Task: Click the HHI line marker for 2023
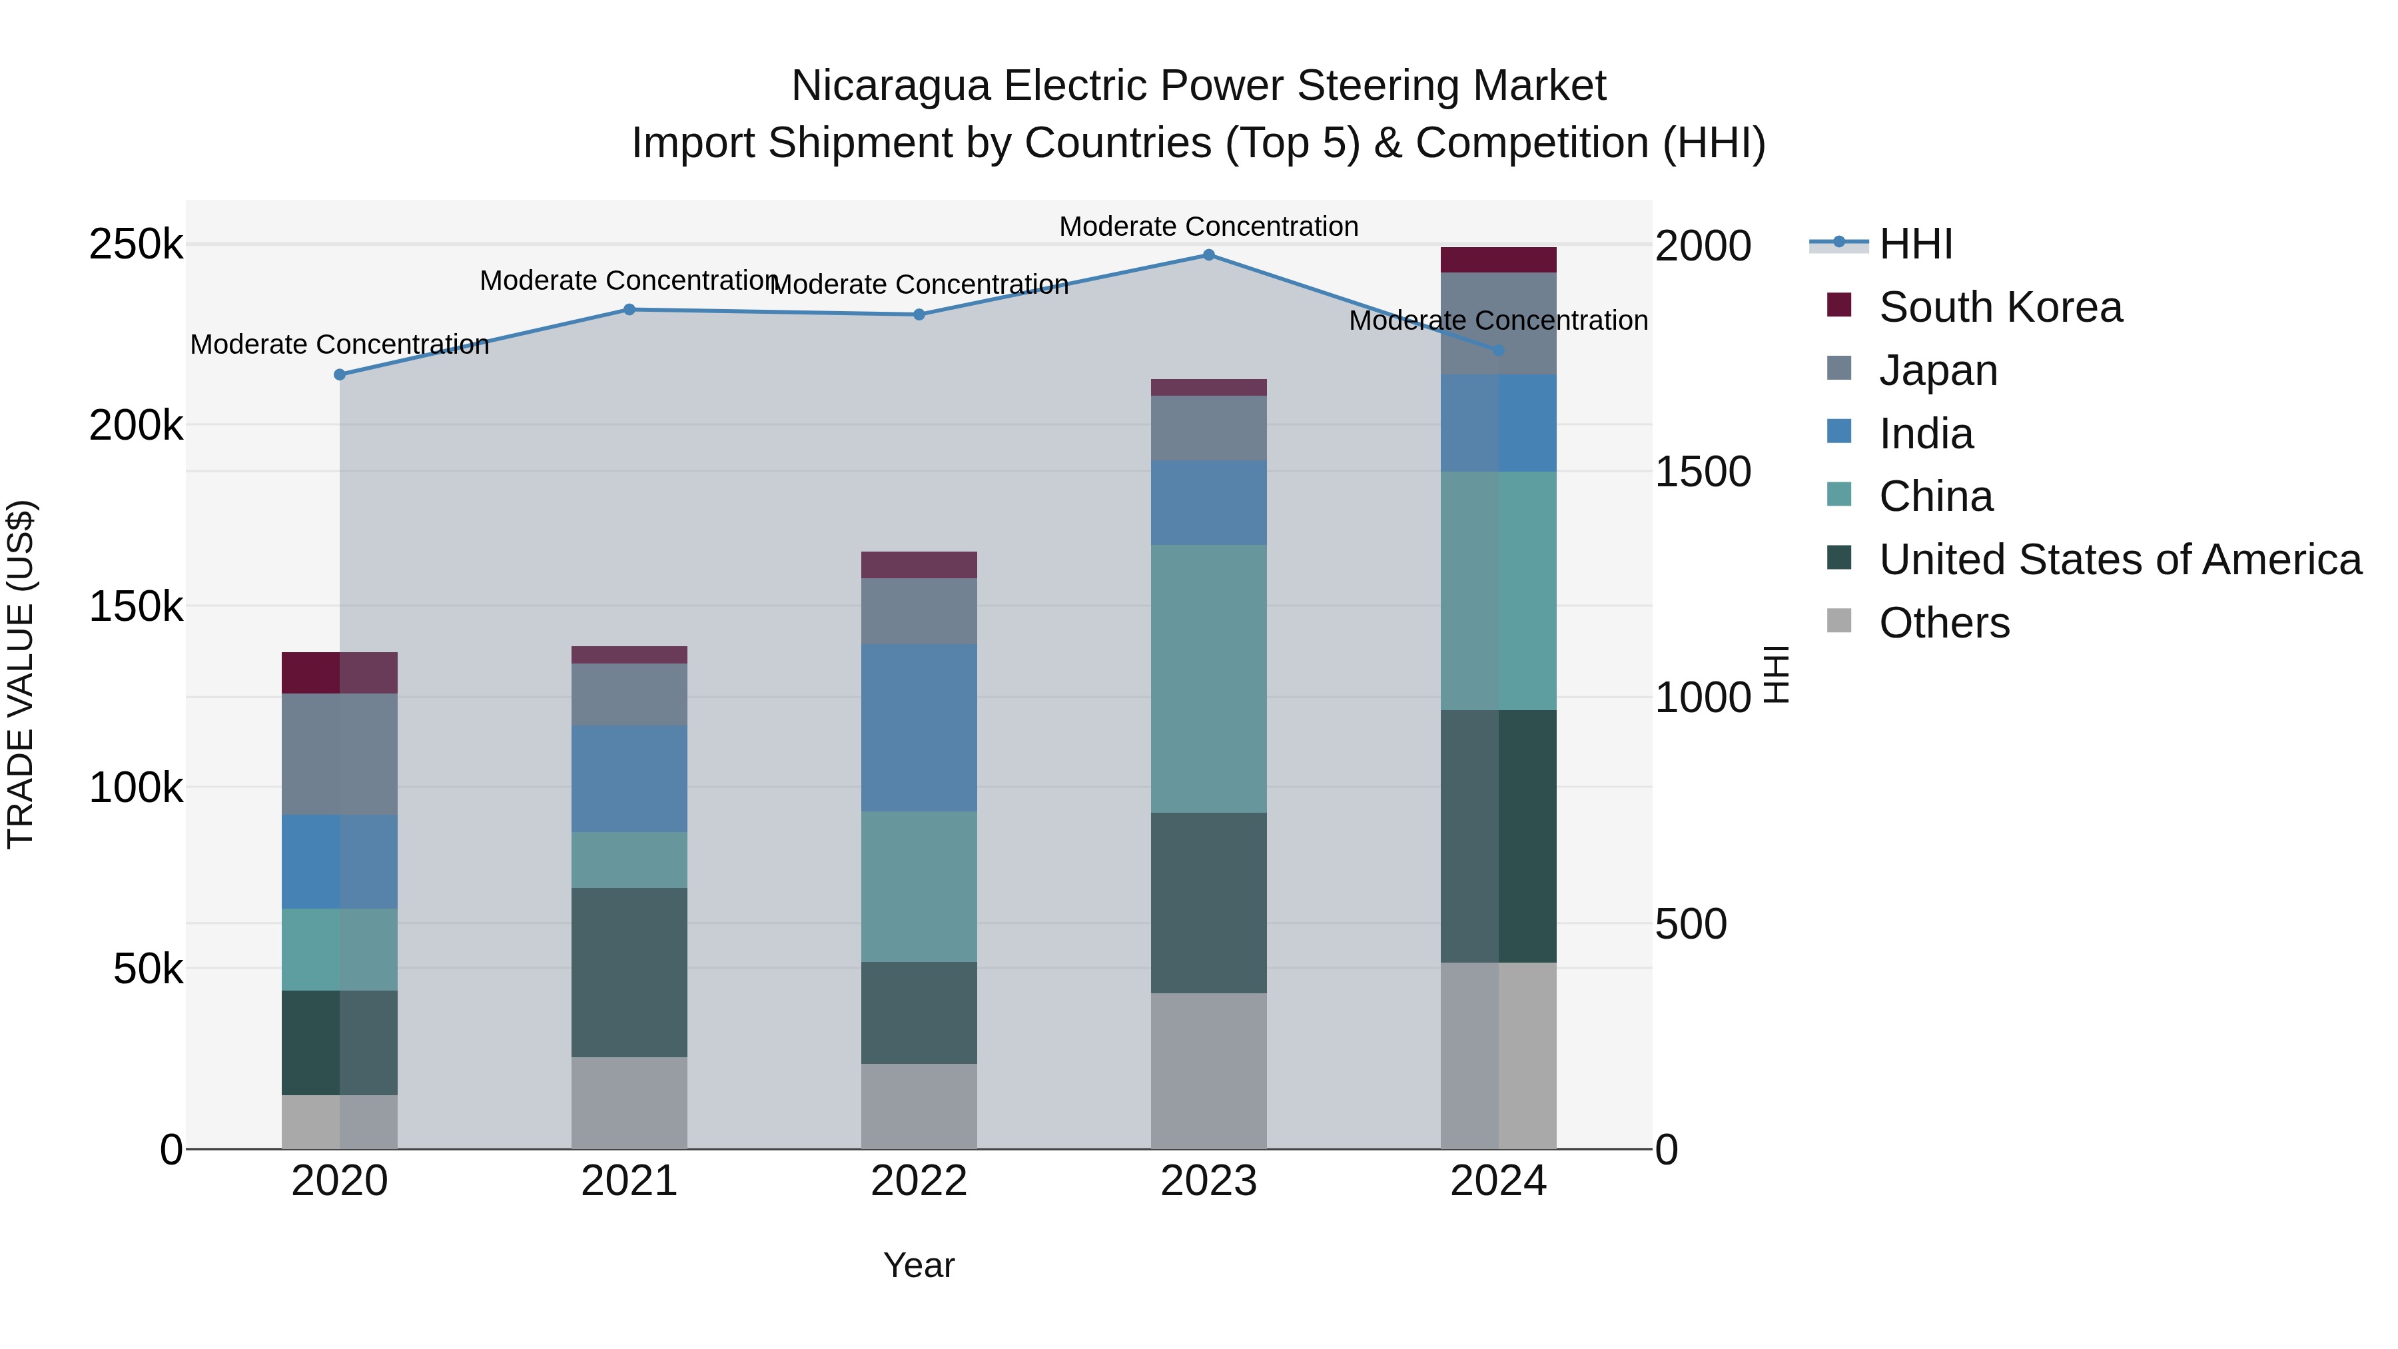1208,255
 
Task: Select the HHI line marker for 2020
340,375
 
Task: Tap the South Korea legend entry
2000,307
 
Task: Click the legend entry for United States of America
2120,560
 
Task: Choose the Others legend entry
1944,623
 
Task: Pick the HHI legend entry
1915,244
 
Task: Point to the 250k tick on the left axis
136,246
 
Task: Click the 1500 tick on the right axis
1703,472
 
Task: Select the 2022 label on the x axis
919,1181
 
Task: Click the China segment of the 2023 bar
1208,679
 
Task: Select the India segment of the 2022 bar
919,728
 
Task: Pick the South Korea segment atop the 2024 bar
1498,260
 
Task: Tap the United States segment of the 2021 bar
629,972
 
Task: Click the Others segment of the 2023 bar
1208,1071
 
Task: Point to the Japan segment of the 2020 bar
340,754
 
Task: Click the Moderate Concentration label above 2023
1208,227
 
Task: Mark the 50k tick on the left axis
147,969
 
